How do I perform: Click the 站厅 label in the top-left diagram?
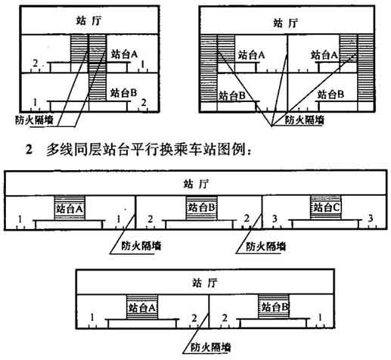point(89,20)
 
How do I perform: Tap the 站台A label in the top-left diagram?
point(124,54)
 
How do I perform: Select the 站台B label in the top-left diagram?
point(123,93)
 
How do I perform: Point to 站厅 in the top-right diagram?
point(286,23)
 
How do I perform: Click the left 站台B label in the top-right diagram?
point(232,96)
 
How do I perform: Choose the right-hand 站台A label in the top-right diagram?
point(324,55)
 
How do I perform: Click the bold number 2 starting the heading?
point(29,151)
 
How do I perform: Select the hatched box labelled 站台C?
point(326,207)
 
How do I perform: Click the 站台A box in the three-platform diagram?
point(70,208)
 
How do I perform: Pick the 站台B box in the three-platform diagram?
point(201,208)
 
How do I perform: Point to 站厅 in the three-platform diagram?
point(196,184)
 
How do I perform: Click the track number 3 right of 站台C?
point(370,219)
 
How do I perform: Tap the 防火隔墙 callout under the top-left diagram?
point(34,119)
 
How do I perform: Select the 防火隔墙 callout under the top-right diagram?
point(304,120)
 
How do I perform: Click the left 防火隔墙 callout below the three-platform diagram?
point(141,246)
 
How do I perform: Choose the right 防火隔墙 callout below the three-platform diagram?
point(266,246)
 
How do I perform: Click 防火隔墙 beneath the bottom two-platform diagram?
point(211,347)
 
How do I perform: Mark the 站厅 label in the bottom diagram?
point(204,284)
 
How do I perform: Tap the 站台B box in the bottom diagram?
point(274,307)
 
